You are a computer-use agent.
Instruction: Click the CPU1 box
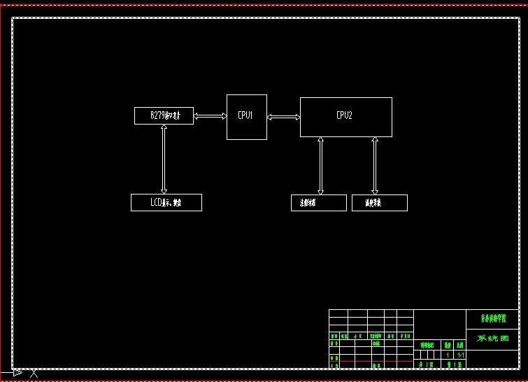(x=246, y=126)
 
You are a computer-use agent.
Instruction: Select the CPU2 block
(x=345, y=126)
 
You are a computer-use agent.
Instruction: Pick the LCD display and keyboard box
(x=166, y=202)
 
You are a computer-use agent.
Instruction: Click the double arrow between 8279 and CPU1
(x=210, y=116)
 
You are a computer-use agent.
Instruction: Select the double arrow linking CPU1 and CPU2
(x=283, y=117)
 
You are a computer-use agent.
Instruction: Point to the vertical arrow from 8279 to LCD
(x=164, y=159)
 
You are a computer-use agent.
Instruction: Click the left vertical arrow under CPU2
(x=321, y=165)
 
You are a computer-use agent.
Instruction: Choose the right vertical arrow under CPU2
(x=375, y=165)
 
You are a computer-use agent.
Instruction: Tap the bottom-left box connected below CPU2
(x=318, y=203)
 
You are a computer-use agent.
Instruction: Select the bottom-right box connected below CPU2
(x=379, y=203)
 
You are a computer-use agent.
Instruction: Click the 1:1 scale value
(x=460, y=355)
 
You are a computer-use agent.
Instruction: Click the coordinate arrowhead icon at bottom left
(x=17, y=373)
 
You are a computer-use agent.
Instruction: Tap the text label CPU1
(x=245, y=115)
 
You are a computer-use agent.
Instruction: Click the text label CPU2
(x=344, y=115)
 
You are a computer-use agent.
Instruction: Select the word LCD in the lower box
(x=157, y=202)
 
